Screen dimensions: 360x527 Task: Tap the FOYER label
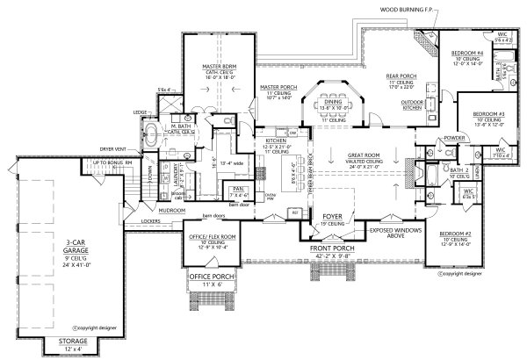(x=330, y=212)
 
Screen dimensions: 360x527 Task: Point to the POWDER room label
(x=430, y=138)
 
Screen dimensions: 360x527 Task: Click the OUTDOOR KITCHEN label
(x=413, y=105)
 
